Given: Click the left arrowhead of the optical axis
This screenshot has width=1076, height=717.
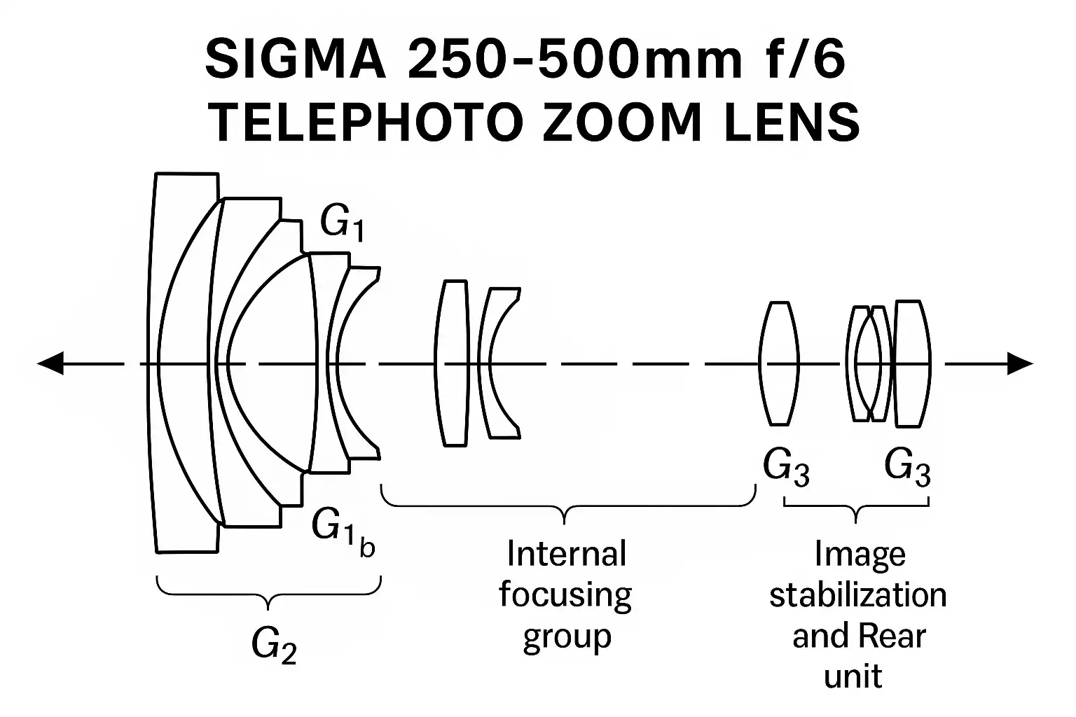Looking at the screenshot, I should tap(50, 364).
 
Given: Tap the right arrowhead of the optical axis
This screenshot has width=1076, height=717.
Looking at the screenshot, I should tap(1020, 364).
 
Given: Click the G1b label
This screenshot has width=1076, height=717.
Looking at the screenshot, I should tap(343, 529).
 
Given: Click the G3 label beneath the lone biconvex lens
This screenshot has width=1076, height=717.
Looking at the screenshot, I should tap(786, 466).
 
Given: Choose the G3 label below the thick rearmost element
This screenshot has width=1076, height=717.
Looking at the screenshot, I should tap(907, 466).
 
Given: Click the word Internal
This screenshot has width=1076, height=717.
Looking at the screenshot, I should tap(566, 554).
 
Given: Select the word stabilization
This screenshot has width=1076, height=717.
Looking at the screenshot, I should tap(858, 596).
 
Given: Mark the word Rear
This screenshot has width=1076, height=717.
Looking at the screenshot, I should tap(892, 636).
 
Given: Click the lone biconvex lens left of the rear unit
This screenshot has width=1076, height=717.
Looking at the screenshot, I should tap(779, 363).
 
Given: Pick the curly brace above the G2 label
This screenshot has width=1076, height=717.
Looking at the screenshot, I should tap(268, 592).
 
